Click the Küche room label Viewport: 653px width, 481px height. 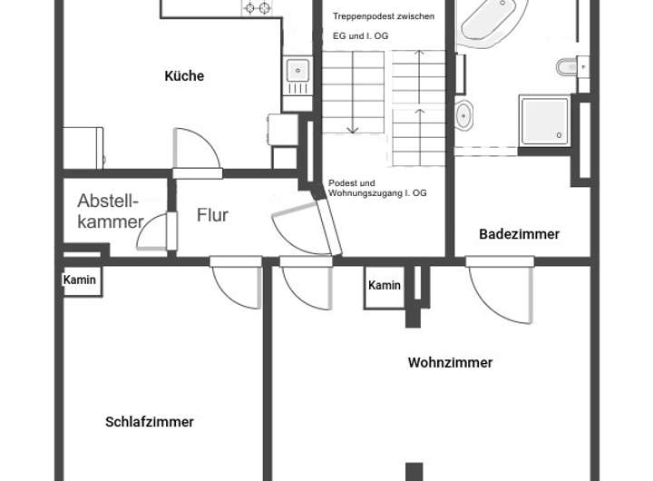(x=184, y=76)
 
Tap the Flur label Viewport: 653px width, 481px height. (x=212, y=216)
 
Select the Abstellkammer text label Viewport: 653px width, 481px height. (x=111, y=211)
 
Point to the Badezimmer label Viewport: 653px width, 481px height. (x=519, y=234)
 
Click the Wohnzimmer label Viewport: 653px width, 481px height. (x=450, y=363)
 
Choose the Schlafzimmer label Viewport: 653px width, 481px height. (x=150, y=422)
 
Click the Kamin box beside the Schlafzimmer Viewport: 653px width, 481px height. (x=80, y=280)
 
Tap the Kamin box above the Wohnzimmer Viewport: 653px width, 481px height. (x=385, y=286)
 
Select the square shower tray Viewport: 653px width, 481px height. (x=544, y=121)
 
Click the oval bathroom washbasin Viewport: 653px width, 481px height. (x=463, y=115)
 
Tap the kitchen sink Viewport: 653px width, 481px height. (x=296, y=70)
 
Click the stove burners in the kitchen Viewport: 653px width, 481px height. (x=257, y=8)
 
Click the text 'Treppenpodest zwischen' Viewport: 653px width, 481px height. (x=384, y=17)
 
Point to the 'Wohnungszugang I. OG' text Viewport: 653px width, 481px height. (x=378, y=194)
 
